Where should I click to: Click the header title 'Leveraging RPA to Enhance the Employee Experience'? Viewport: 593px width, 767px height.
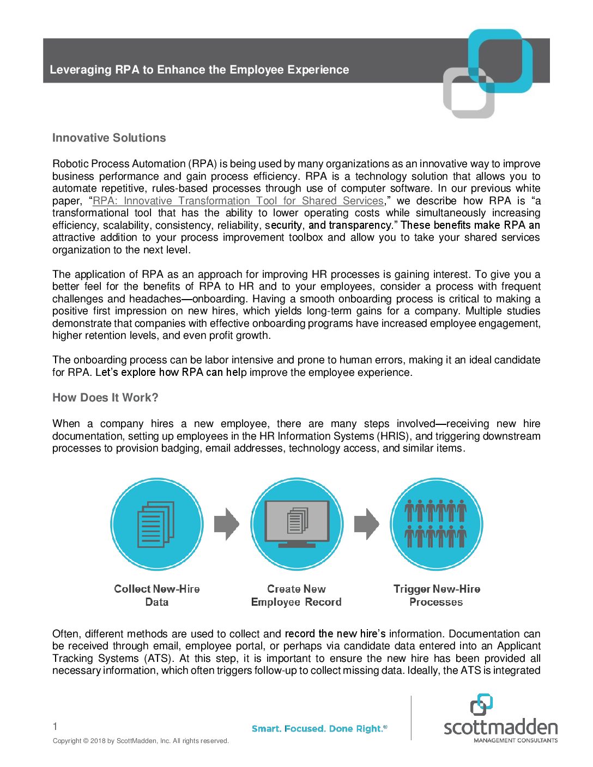point(199,70)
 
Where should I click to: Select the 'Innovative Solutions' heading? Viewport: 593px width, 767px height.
point(109,138)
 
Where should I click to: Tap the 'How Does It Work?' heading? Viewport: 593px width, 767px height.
point(105,398)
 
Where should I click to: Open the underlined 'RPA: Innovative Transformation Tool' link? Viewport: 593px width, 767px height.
point(238,200)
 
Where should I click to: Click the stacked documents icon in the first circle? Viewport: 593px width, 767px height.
point(156,525)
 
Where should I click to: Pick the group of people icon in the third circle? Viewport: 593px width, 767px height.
point(436,524)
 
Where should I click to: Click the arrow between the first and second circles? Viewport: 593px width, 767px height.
point(226,524)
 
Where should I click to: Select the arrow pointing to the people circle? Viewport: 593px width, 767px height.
point(366,524)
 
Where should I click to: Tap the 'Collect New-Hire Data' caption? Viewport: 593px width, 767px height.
point(157,595)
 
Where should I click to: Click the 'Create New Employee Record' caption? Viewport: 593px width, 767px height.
point(296,595)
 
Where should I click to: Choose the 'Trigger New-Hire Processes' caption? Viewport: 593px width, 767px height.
point(437,595)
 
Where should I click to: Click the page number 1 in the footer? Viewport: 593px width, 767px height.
point(55,726)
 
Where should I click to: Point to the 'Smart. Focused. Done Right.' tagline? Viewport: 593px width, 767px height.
point(319,729)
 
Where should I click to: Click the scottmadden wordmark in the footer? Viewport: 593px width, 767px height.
point(500,727)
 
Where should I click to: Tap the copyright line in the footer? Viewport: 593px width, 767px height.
point(141,741)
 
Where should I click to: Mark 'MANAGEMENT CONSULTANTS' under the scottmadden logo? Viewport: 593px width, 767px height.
point(516,740)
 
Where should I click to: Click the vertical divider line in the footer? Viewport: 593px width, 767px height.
point(412,717)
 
